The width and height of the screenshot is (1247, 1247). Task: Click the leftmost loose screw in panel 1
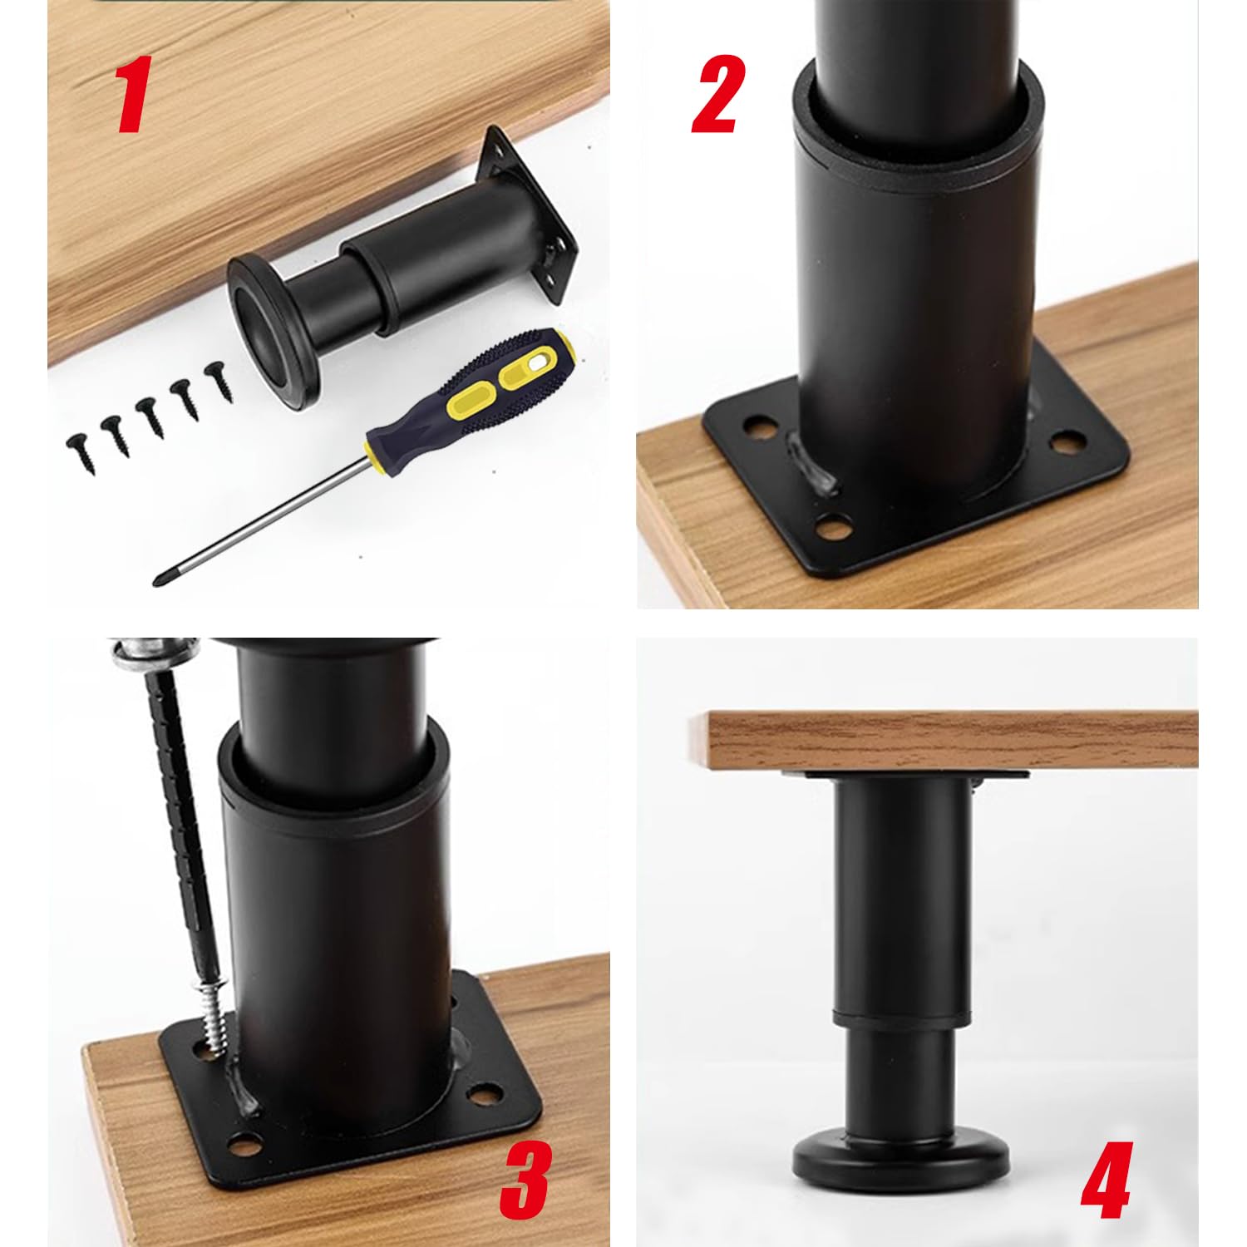[81, 453]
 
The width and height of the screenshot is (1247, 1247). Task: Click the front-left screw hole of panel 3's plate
[248, 1144]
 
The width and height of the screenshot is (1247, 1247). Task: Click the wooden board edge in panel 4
[939, 740]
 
